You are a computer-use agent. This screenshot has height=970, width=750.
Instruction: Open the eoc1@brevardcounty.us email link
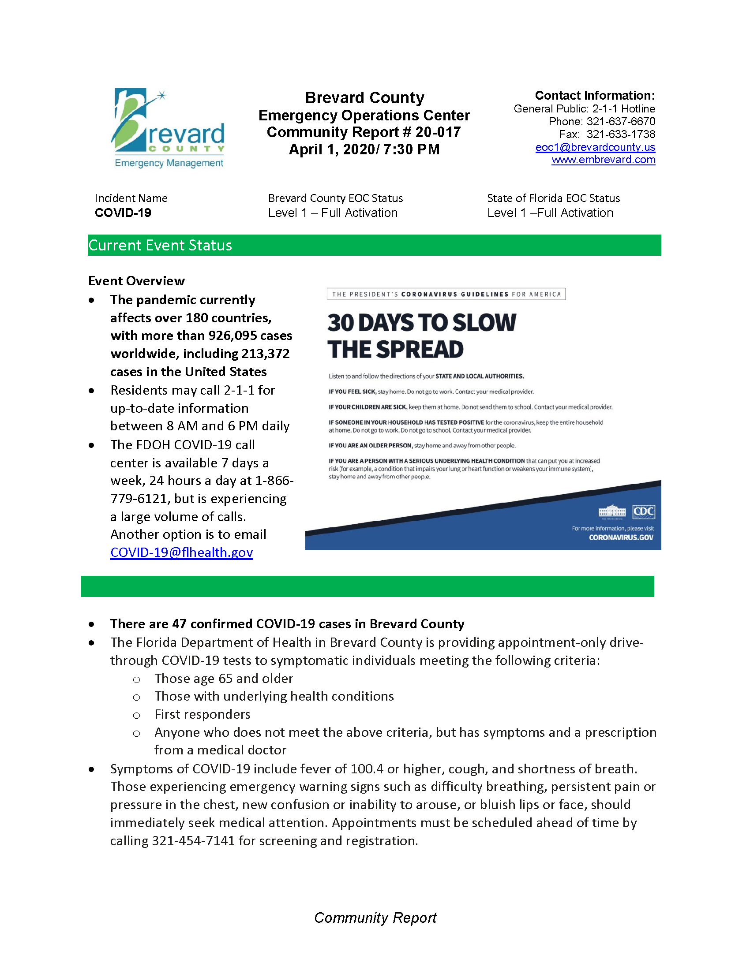click(595, 147)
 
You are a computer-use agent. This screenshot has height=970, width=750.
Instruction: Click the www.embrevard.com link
click(603, 160)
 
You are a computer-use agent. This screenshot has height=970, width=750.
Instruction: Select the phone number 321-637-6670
click(620, 121)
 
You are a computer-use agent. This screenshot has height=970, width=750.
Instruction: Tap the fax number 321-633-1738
click(620, 134)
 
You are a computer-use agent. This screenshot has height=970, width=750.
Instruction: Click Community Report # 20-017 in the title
click(364, 132)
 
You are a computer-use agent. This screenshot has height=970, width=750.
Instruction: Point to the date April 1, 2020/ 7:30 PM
click(364, 149)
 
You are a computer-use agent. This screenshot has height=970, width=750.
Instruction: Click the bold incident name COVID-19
click(123, 213)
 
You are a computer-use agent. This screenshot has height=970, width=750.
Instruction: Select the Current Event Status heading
click(160, 245)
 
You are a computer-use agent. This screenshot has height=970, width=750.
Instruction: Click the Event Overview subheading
click(136, 281)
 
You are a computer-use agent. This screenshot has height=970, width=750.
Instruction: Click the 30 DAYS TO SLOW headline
click(421, 322)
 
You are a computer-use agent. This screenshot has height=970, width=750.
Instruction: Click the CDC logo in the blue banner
click(643, 511)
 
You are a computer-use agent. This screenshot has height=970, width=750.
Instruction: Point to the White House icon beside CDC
click(612, 511)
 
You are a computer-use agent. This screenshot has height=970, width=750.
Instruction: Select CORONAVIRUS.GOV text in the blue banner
click(621, 537)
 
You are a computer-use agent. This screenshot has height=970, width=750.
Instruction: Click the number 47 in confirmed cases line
click(179, 624)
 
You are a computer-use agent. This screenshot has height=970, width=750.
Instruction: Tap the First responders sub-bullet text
click(202, 714)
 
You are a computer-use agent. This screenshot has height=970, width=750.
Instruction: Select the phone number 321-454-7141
click(193, 841)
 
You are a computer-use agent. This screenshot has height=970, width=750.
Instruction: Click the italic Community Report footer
click(375, 918)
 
